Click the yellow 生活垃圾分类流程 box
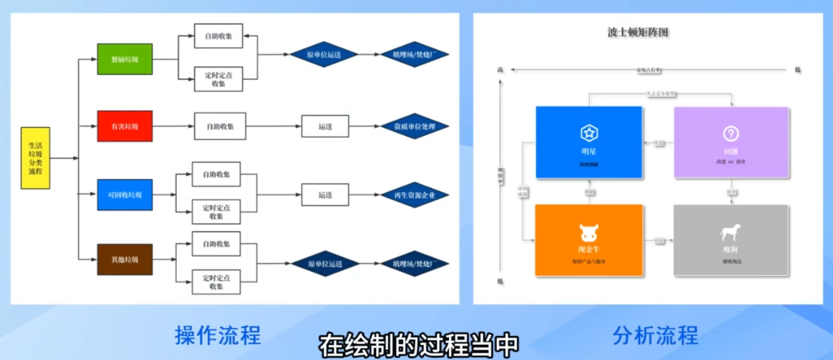(35, 158)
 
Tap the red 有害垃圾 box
(124, 126)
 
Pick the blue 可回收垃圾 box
(124, 194)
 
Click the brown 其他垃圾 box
(124, 260)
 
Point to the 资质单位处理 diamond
(414, 126)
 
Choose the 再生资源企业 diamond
(414, 195)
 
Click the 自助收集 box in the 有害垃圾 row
(219, 126)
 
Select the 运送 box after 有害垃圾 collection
(325, 126)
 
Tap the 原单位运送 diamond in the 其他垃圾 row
(324, 263)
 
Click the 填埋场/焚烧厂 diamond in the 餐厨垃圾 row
(414, 55)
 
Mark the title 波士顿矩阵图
(638, 33)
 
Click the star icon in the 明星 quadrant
(589, 133)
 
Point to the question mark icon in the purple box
(731, 133)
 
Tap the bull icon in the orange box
(589, 232)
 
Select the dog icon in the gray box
(731, 232)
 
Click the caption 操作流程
(218, 334)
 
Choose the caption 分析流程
(655, 334)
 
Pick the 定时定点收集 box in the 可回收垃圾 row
(218, 211)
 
